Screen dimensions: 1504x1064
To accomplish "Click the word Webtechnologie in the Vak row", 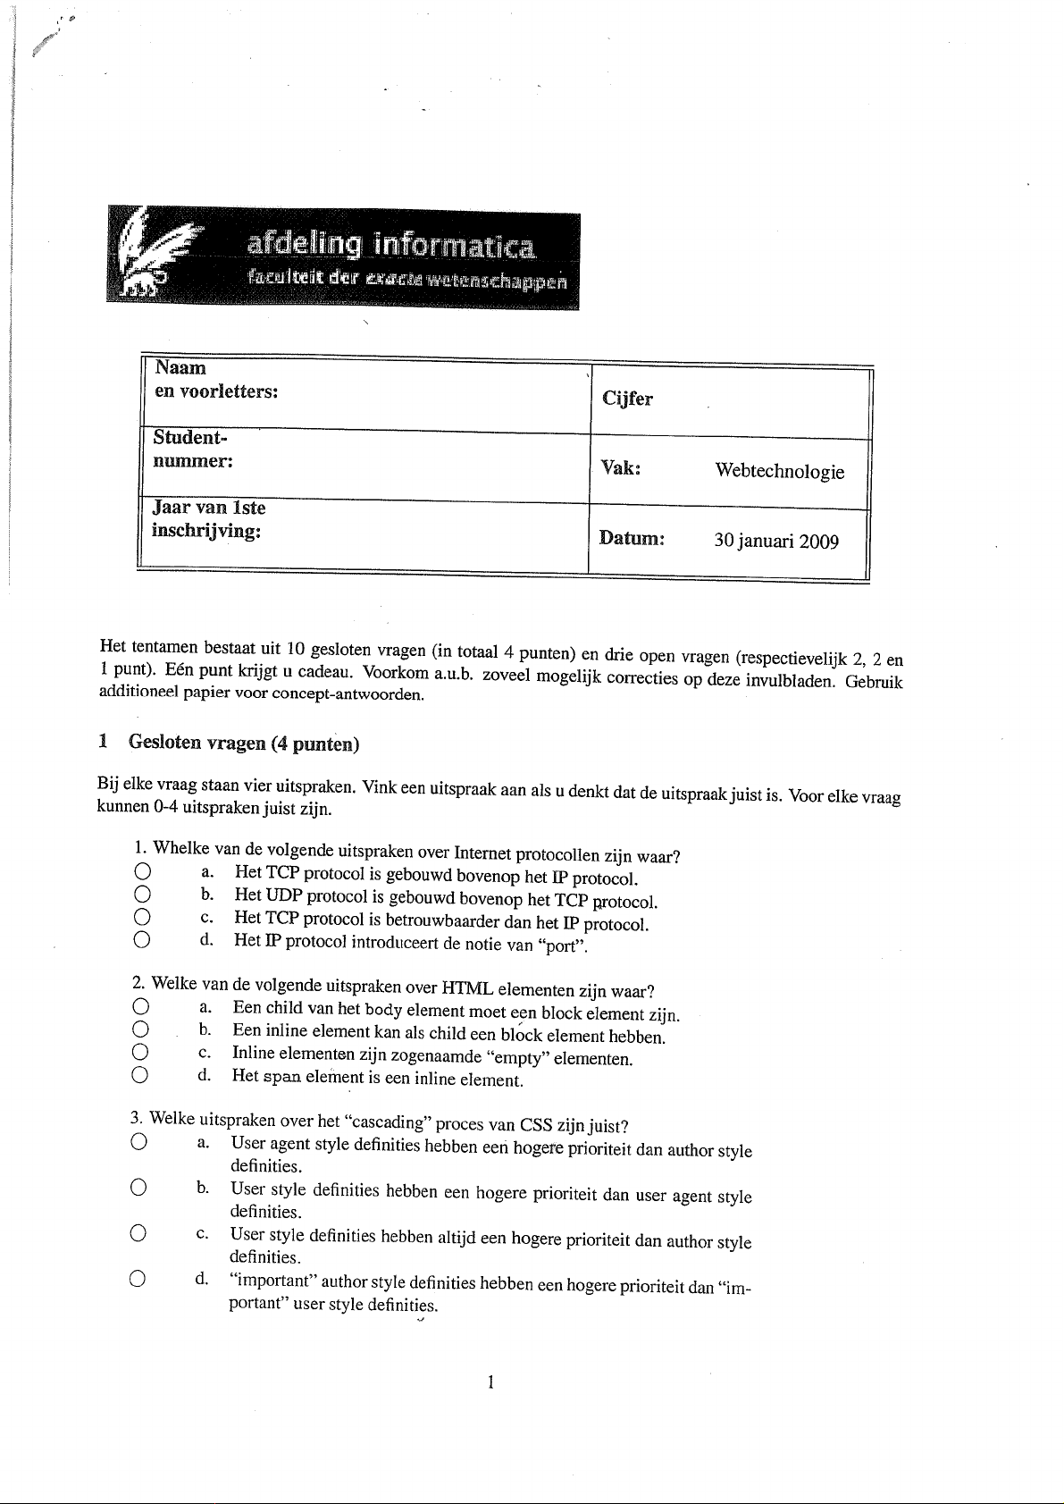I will (x=779, y=471).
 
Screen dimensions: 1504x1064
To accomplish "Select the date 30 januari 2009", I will (x=775, y=541).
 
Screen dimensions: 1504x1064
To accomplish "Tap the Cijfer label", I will (x=627, y=399).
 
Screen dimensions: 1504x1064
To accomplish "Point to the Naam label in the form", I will (x=180, y=367).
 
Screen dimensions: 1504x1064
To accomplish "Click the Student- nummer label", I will (x=193, y=450).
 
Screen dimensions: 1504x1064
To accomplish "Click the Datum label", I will (x=632, y=539).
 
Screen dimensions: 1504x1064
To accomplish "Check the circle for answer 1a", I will (x=140, y=871).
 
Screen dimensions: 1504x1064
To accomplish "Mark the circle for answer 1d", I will (x=140, y=939).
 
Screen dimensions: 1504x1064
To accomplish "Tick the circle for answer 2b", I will (x=139, y=1030).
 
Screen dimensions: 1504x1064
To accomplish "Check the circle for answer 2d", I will (x=138, y=1075).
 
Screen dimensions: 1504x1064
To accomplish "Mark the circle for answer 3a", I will (x=138, y=1142).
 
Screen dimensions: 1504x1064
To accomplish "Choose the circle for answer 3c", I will (x=137, y=1233).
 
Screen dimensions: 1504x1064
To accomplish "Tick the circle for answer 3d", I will (x=137, y=1279).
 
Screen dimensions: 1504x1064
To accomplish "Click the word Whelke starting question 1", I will (x=183, y=847).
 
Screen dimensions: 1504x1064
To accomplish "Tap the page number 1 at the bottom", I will (x=490, y=1382).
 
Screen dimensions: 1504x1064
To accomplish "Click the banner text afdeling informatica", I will (x=391, y=244).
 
